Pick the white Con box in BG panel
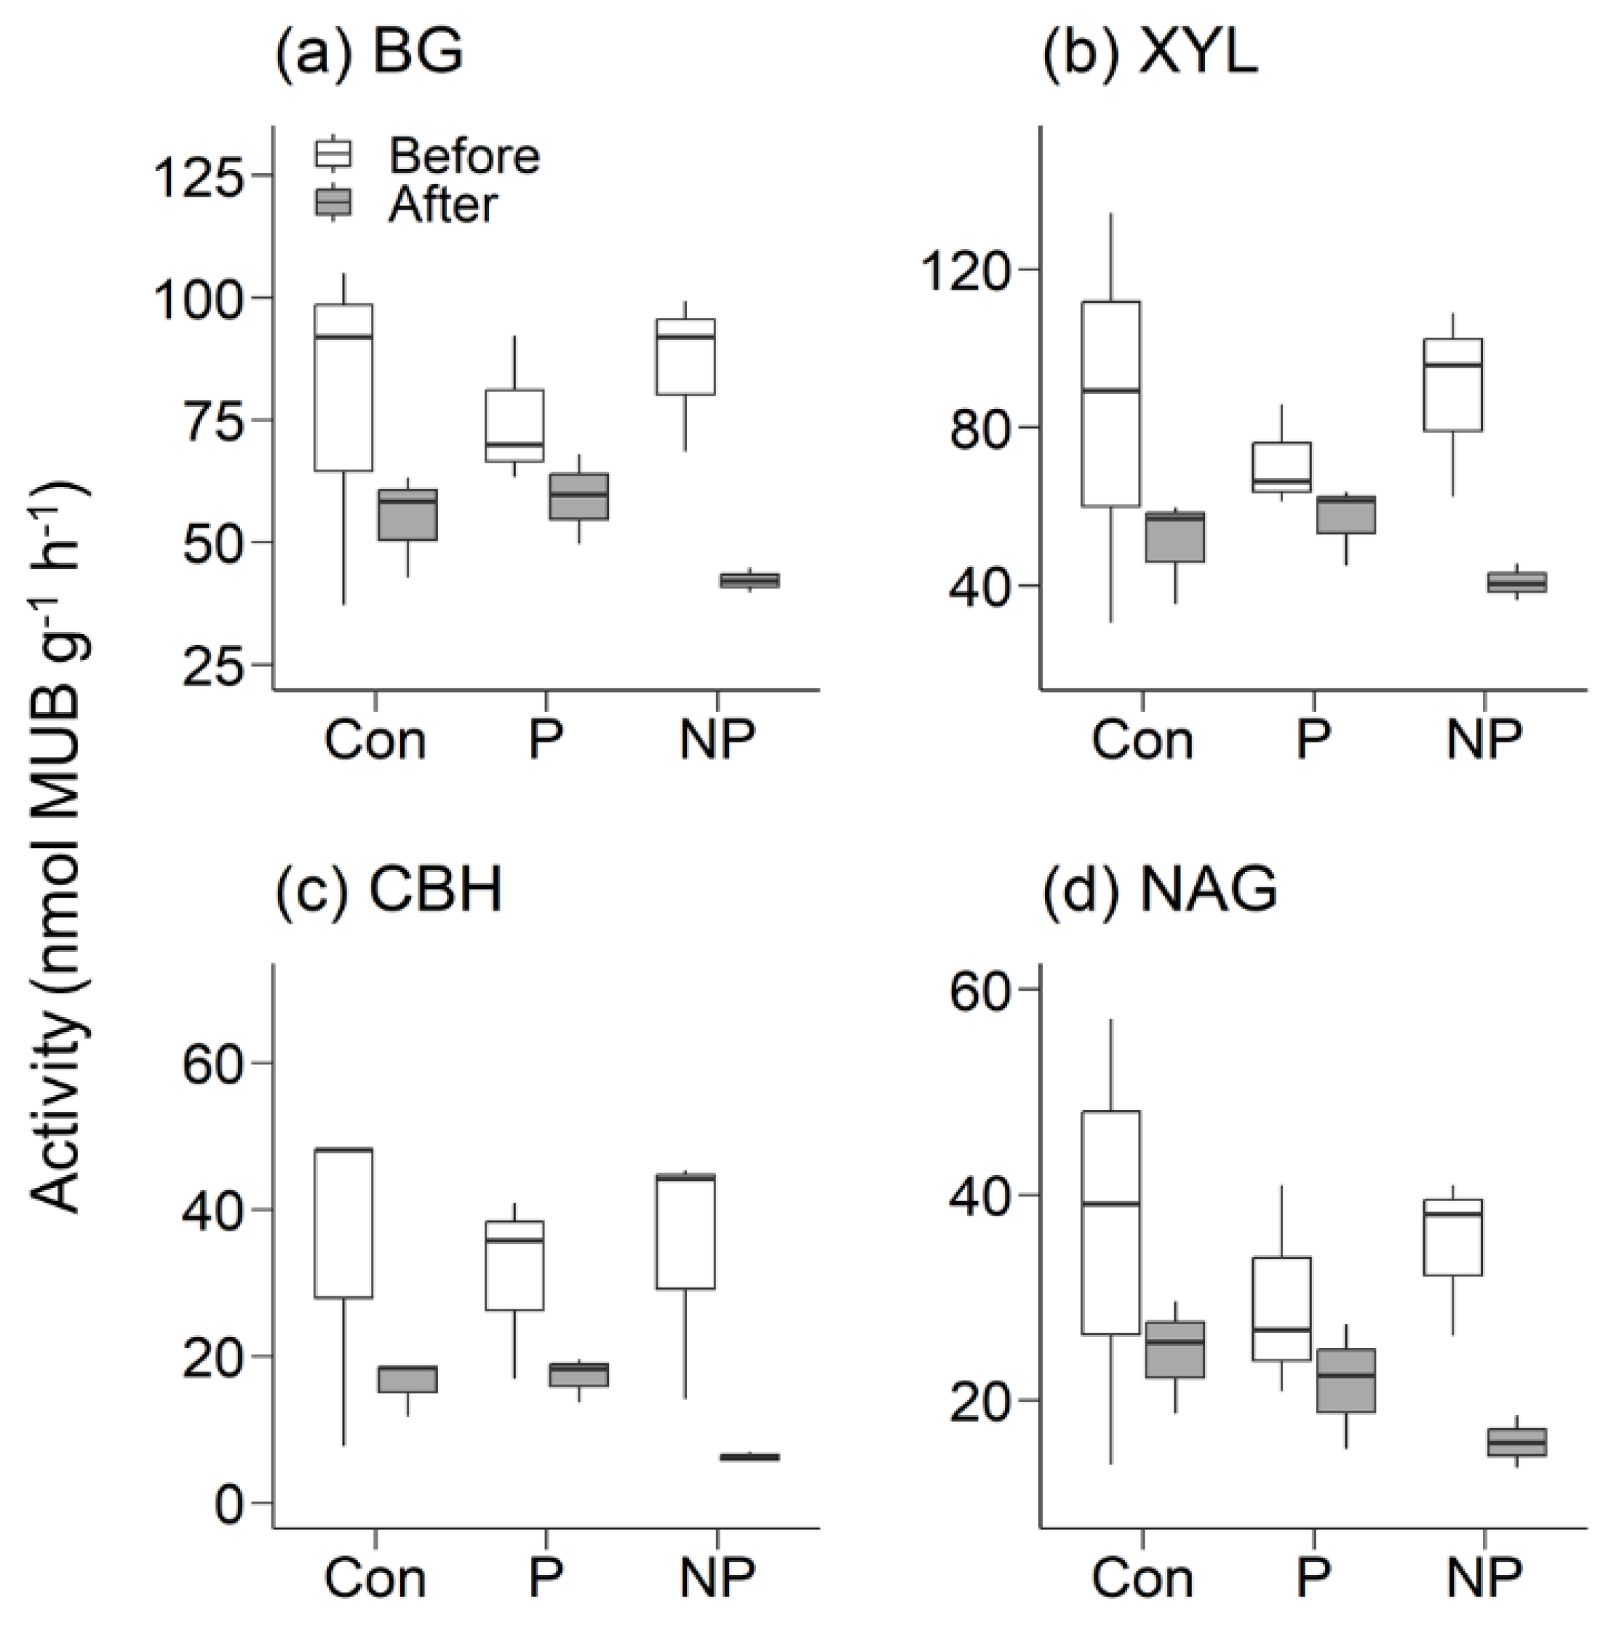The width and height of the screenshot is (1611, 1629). click(344, 387)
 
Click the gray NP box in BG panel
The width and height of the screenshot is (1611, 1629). click(749, 580)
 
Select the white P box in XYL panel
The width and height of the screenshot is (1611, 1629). click(1281, 467)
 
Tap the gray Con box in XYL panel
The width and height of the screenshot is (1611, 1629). click(1174, 536)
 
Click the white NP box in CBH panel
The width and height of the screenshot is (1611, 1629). click(685, 1232)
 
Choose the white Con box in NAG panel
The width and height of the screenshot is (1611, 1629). click(1111, 1223)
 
